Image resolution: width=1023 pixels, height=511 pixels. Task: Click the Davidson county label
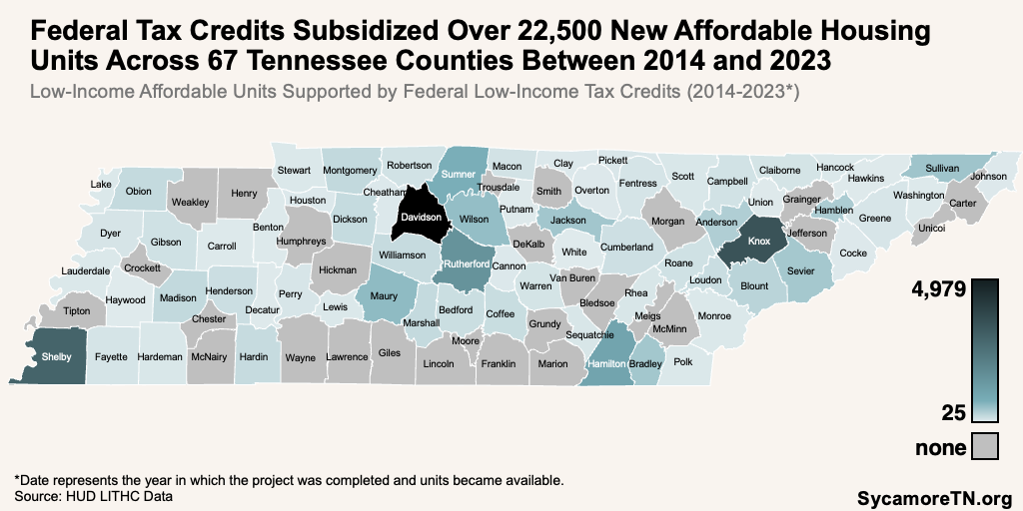(x=421, y=217)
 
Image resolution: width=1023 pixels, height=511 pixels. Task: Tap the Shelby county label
(x=55, y=356)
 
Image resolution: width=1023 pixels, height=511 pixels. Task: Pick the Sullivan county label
(x=942, y=168)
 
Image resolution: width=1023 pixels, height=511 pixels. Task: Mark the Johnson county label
(x=988, y=177)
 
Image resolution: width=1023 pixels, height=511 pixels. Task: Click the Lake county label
(x=101, y=185)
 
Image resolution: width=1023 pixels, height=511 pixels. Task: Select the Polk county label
(x=683, y=362)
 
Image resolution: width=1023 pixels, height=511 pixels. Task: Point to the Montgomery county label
(x=351, y=170)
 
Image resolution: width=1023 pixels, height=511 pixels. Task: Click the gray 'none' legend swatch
(x=986, y=446)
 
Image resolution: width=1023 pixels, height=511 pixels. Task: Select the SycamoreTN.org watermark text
(x=935, y=496)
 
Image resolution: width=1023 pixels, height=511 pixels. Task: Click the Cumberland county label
(x=627, y=247)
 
